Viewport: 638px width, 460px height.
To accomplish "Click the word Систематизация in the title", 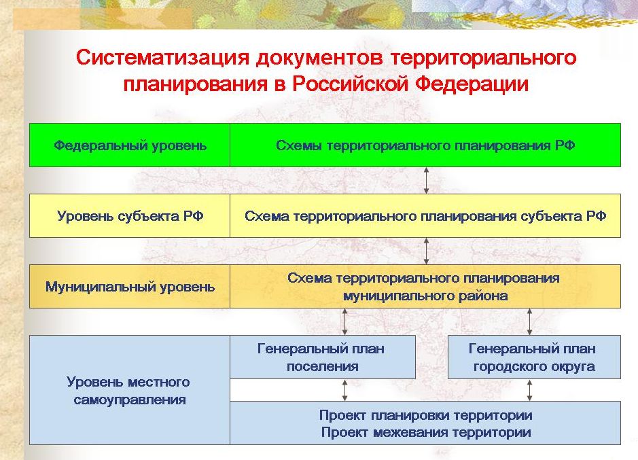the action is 162,57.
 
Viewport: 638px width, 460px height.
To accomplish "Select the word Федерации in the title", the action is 472,84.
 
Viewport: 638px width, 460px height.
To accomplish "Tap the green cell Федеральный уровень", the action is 130,145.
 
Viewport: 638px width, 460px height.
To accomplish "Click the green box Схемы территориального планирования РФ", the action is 425,145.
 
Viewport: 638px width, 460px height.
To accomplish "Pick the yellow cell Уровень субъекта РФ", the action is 130,216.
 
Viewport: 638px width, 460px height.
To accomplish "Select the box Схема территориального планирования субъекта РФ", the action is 425,216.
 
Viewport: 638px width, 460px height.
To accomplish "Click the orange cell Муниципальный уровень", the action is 130,287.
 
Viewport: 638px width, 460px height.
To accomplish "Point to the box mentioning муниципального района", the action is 425,287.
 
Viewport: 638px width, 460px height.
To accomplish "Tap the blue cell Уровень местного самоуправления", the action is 130,390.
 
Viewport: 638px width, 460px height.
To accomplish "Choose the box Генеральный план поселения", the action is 323,357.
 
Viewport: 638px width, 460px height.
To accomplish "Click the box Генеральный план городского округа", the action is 534,357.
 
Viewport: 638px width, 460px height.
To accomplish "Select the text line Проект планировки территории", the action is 425,416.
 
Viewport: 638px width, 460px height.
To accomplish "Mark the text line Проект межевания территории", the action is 425,432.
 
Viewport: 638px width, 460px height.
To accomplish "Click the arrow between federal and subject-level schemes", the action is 426,180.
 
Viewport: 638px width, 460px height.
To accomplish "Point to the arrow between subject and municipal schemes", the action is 426,251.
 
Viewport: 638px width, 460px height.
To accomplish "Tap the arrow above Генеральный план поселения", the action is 345,321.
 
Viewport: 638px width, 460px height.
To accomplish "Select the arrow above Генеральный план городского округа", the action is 529,321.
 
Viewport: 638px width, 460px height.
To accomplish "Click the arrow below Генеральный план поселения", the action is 345,390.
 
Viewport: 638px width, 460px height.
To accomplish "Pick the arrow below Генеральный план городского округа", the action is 529,390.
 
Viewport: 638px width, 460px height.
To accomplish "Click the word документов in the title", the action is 320,57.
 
